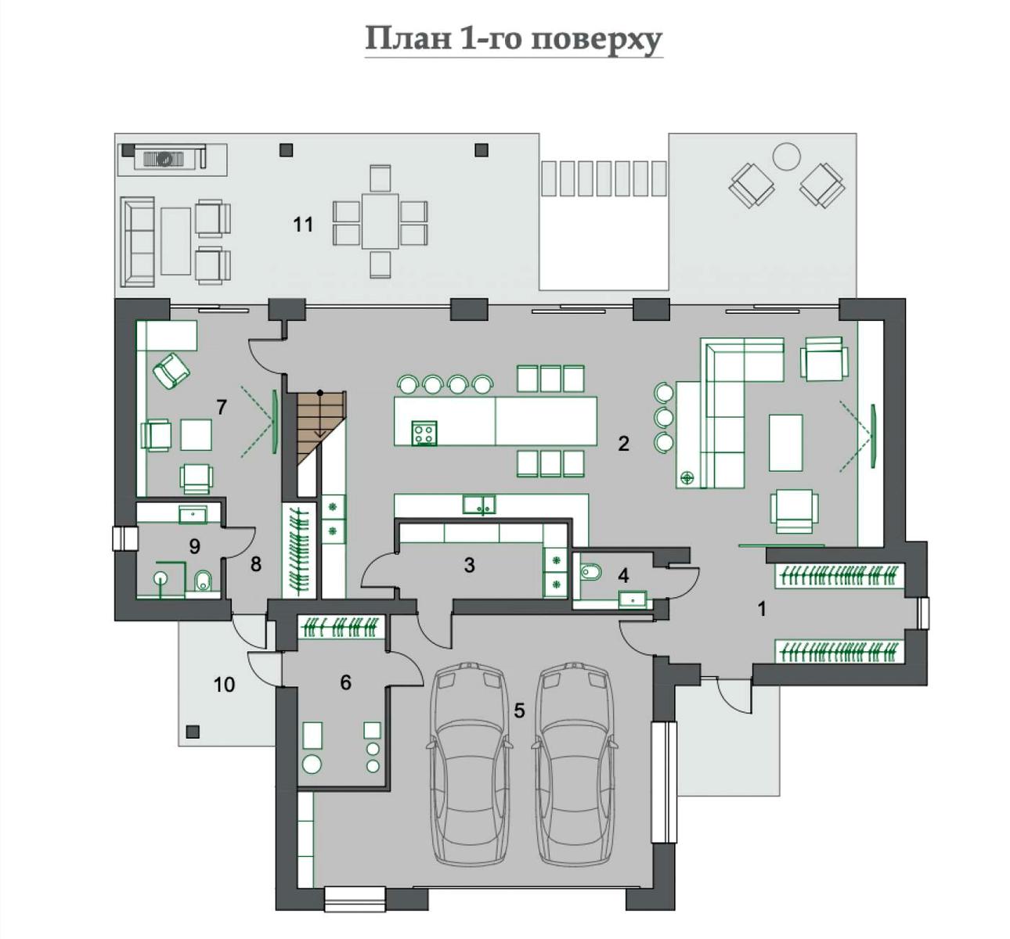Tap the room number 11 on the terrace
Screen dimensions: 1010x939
303,225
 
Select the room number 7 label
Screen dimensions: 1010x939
222,407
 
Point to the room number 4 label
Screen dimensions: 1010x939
623,575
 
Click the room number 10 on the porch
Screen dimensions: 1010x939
224,685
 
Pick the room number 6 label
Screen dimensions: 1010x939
345,682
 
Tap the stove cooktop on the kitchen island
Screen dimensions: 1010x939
424,433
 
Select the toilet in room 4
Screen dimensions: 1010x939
590,571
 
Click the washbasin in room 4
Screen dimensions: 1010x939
632,599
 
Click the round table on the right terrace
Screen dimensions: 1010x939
786,156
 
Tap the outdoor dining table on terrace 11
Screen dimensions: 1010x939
380,221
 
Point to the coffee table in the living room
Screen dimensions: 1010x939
786,442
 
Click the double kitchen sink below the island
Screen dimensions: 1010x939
478,505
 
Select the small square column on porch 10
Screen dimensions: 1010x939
193,732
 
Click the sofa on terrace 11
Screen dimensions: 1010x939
137,242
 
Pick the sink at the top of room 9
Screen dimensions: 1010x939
193,514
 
